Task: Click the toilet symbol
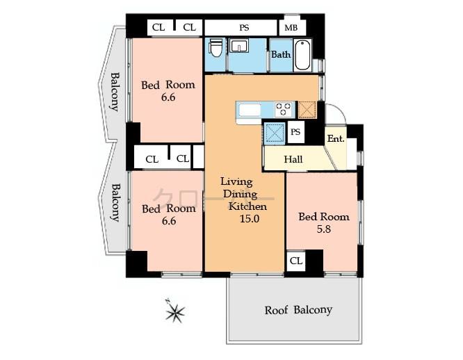point(216,48)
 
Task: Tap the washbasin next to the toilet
point(239,47)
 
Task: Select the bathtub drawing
point(302,55)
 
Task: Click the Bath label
point(280,54)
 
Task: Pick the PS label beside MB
point(244,28)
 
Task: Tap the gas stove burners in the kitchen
point(284,109)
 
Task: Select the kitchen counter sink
point(250,110)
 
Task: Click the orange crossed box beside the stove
point(307,110)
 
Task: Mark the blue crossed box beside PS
point(275,131)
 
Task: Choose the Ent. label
point(336,138)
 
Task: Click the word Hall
point(293,160)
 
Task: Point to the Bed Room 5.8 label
point(324,222)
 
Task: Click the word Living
point(236,181)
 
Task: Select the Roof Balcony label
point(298,310)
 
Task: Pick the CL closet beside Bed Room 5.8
point(295,261)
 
